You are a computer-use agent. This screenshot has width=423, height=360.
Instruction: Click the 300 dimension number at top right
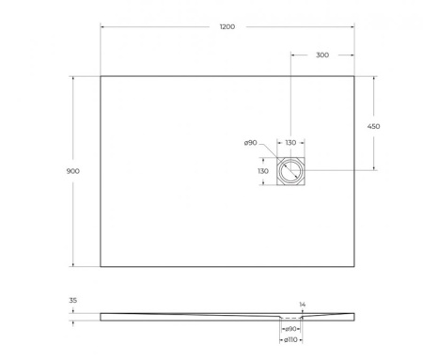(x=322, y=55)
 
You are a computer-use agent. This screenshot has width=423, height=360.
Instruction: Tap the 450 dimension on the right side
(x=373, y=125)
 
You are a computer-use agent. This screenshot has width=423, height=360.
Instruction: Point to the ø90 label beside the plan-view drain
(x=250, y=143)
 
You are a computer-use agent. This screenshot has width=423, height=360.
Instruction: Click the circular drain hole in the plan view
(x=290, y=171)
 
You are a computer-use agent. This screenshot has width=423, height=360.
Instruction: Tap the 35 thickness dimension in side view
(x=74, y=302)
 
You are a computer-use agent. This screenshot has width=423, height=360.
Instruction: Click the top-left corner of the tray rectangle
(x=101, y=76)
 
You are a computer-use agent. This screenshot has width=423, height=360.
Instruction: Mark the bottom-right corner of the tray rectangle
(x=354, y=266)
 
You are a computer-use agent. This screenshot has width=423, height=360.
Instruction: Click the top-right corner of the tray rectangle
(x=354, y=76)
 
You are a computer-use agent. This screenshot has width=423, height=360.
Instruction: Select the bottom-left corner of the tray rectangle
(x=101, y=266)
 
